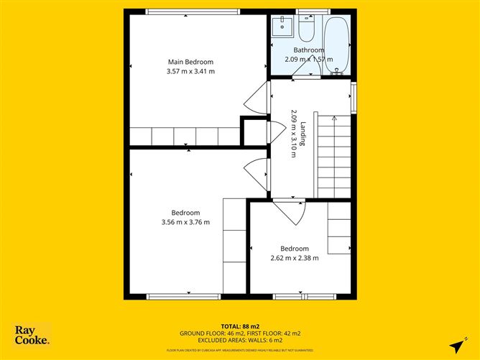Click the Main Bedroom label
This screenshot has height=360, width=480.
click(x=190, y=62)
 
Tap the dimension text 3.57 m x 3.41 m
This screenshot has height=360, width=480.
click(x=190, y=71)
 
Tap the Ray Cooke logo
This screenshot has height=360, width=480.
click(x=32, y=335)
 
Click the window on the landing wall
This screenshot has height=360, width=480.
click(x=353, y=97)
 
